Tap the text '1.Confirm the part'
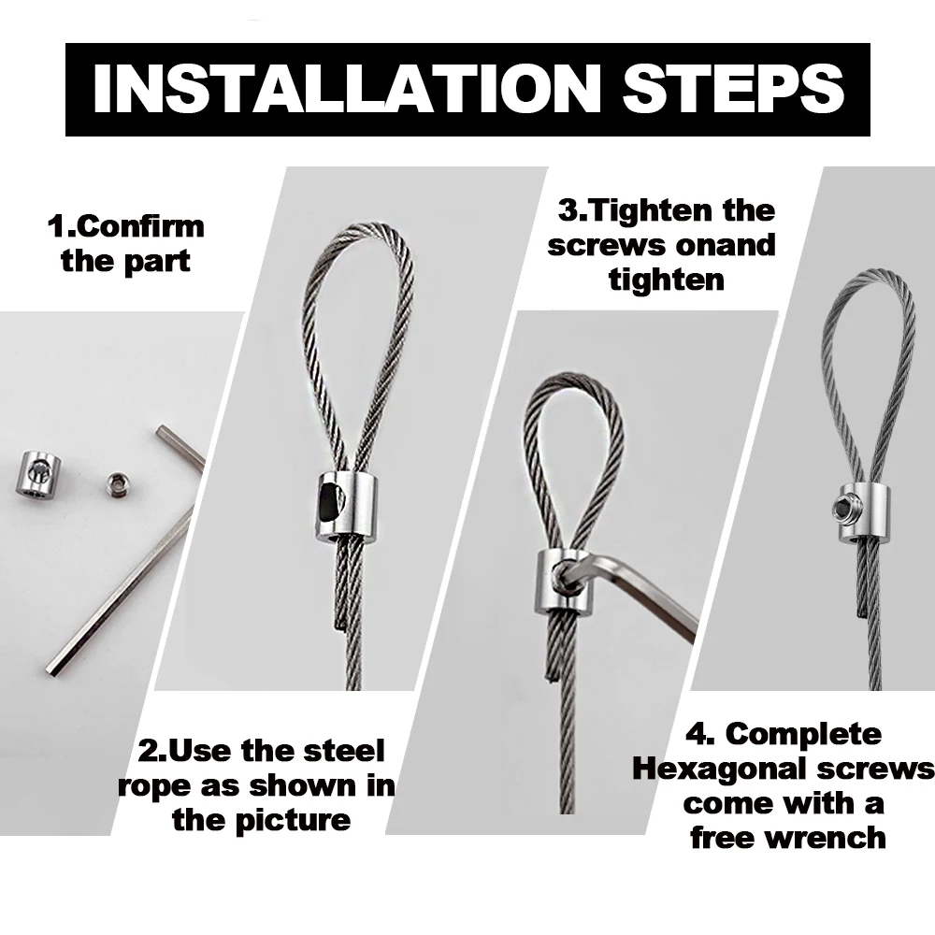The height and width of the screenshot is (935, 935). pos(125,243)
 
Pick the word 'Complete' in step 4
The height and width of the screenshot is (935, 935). pos(803,734)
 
